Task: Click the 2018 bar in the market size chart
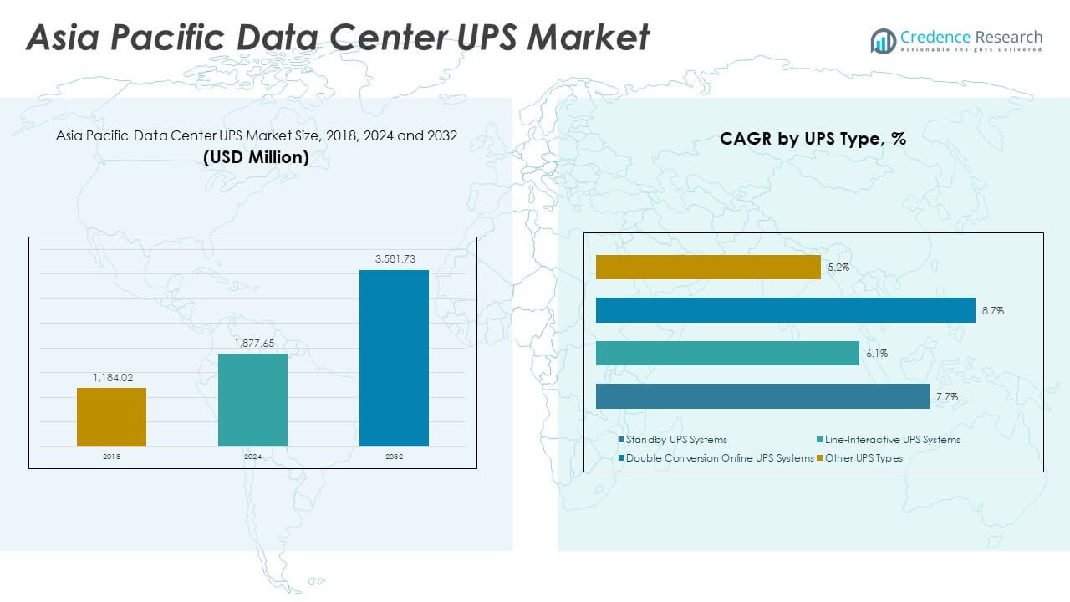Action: pyautogui.click(x=111, y=416)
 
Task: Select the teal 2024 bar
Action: pyautogui.click(x=252, y=400)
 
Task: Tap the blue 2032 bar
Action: pyautogui.click(x=394, y=358)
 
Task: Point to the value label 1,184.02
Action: pyautogui.click(x=111, y=378)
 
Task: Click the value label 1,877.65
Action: pyautogui.click(x=252, y=344)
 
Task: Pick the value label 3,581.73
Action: pyautogui.click(x=394, y=259)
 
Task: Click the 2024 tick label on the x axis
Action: pyautogui.click(x=252, y=457)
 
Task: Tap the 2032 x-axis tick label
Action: pyautogui.click(x=394, y=457)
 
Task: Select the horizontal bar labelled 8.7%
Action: pyautogui.click(x=785, y=310)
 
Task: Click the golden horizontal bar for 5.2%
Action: pyautogui.click(x=708, y=267)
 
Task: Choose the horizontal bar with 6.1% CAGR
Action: pyautogui.click(x=727, y=353)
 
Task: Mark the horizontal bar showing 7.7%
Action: pyautogui.click(x=762, y=396)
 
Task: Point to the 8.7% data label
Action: pyautogui.click(x=993, y=311)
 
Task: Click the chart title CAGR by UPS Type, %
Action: pyautogui.click(x=813, y=140)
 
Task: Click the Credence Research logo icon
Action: pyautogui.click(x=883, y=40)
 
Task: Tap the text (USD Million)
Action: pyautogui.click(x=256, y=157)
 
